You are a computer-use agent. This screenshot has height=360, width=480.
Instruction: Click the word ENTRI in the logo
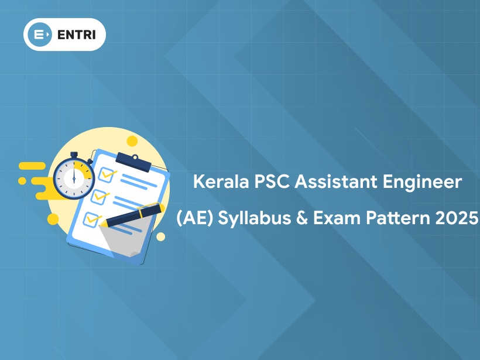click(x=76, y=35)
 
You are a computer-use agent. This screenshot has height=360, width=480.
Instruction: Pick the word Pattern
click(x=399, y=219)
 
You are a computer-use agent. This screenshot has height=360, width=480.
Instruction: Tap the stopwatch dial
click(x=73, y=177)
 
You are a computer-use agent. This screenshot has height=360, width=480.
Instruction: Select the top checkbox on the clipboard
click(x=107, y=174)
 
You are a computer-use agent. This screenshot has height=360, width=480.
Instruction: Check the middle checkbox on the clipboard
click(x=99, y=196)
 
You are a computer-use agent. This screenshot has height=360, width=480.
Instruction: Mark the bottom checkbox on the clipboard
click(x=92, y=220)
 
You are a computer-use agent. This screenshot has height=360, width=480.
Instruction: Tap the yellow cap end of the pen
click(x=159, y=206)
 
